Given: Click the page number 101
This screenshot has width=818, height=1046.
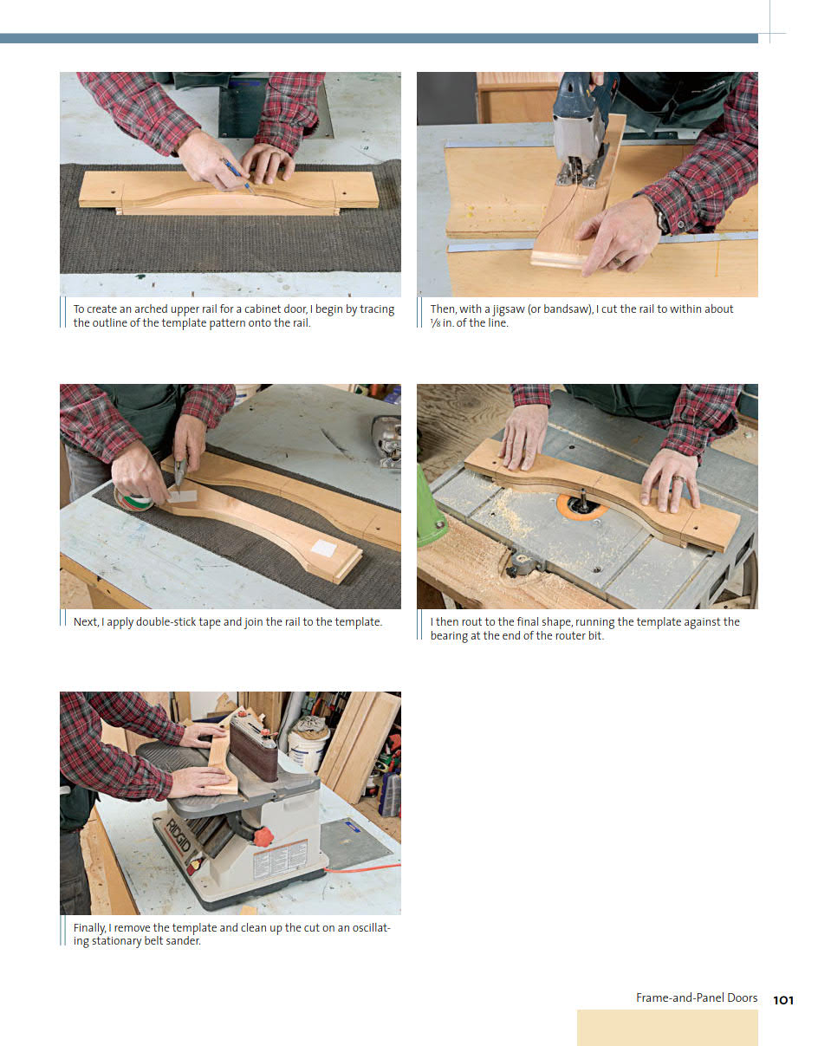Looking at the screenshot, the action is pos(783,1000).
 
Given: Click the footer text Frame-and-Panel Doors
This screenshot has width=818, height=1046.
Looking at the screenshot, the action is pos(697,997).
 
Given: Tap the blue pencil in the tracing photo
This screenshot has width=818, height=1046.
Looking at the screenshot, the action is pos(238,176).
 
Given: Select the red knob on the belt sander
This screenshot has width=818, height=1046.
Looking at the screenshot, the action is pos(263,836).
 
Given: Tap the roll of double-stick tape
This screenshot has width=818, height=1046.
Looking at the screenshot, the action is pos(133,501).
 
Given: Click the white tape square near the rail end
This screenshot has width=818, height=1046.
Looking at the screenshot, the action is pos(323,548).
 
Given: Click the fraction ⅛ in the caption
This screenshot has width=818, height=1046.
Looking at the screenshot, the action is pos(435,323).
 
